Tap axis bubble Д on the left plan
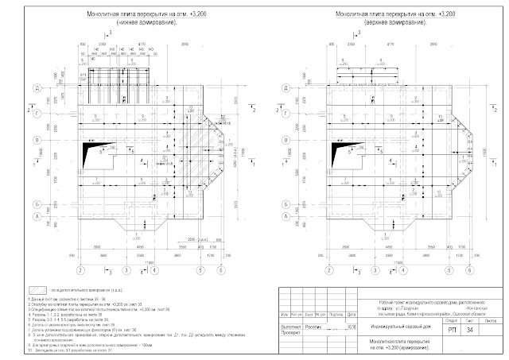(x=60, y=89)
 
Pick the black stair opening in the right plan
(x=307, y=152)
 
